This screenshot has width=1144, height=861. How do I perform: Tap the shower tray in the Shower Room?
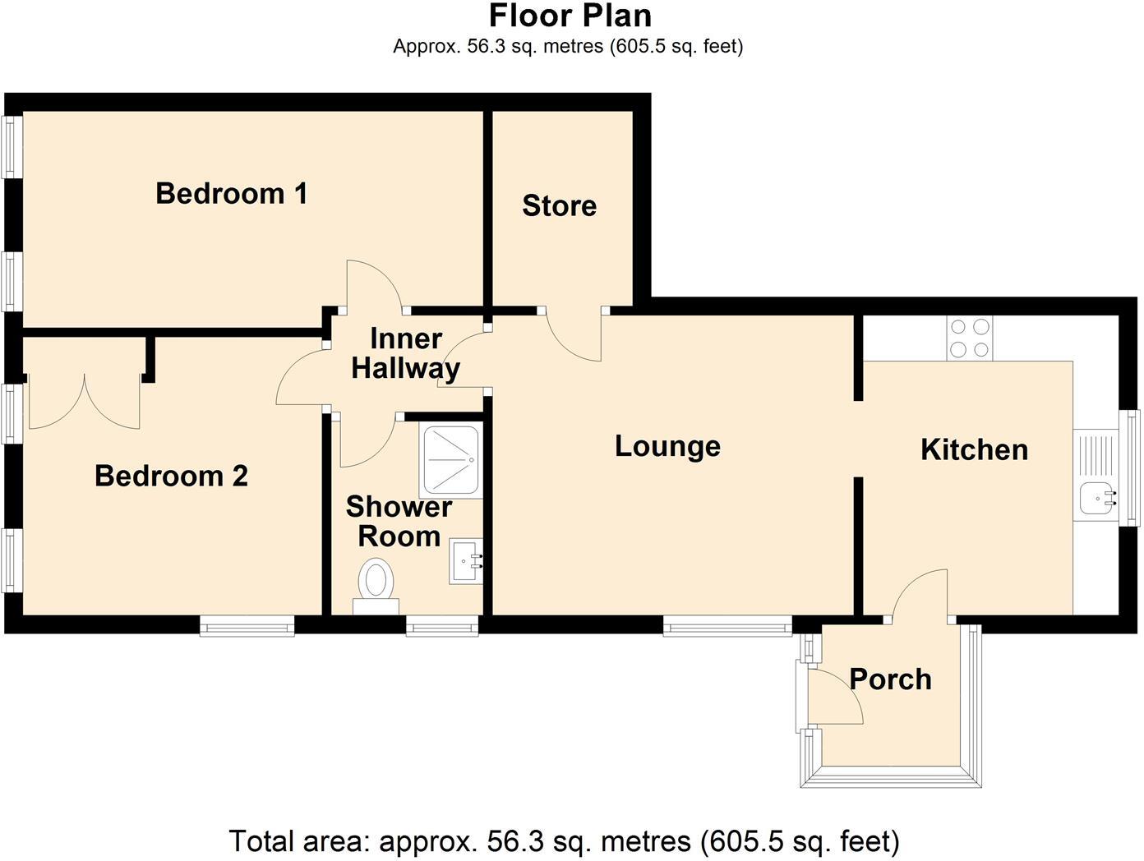[450, 461]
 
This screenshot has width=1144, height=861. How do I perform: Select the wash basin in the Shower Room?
[466, 563]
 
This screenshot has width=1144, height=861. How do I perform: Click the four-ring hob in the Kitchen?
[969, 338]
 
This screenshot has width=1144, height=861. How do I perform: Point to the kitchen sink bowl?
[1096, 498]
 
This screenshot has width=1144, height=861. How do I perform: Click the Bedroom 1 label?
[232, 194]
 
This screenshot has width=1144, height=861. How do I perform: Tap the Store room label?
[559, 205]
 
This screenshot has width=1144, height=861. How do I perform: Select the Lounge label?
[667, 446]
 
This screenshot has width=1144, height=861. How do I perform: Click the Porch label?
[890, 679]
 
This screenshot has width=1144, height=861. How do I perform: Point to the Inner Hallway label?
[405, 353]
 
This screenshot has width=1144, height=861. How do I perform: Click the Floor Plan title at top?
[570, 16]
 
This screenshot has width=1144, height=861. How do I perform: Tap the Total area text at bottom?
[564, 841]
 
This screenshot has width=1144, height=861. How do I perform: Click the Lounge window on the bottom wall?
[728, 628]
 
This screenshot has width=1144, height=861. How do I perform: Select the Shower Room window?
[442, 628]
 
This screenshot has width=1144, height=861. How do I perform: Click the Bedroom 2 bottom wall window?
[247, 628]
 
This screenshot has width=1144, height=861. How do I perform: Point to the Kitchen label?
[974, 449]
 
